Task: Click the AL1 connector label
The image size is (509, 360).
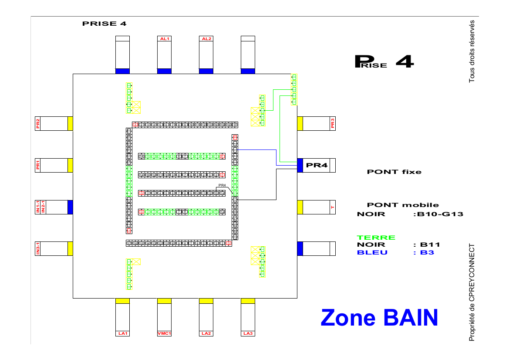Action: (x=164, y=39)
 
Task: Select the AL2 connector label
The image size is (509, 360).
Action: (x=206, y=39)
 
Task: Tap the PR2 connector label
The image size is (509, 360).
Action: (x=38, y=124)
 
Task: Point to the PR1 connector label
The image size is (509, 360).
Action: (x=38, y=165)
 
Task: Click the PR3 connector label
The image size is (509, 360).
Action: (x=333, y=124)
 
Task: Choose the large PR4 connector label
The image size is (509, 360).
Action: (x=317, y=165)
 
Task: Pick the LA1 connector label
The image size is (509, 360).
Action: (x=122, y=333)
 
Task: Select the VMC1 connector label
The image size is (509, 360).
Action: (x=164, y=333)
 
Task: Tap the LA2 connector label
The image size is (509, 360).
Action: (x=206, y=333)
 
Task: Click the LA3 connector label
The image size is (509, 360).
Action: (x=248, y=333)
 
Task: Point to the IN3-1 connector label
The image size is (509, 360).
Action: (x=38, y=248)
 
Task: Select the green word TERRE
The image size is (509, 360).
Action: (x=376, y=238)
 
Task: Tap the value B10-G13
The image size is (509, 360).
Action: (x=440, y=214)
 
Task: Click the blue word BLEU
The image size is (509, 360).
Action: (x=372, y=252)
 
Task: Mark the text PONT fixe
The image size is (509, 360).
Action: (x=394, y=172)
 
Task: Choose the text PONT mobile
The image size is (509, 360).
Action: (x=403, y=205)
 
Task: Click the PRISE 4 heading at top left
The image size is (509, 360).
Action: (x=104, y=24)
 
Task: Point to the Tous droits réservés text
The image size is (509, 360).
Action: (x=472, y=51)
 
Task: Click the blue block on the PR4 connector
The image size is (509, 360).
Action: (x=300, y=165)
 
